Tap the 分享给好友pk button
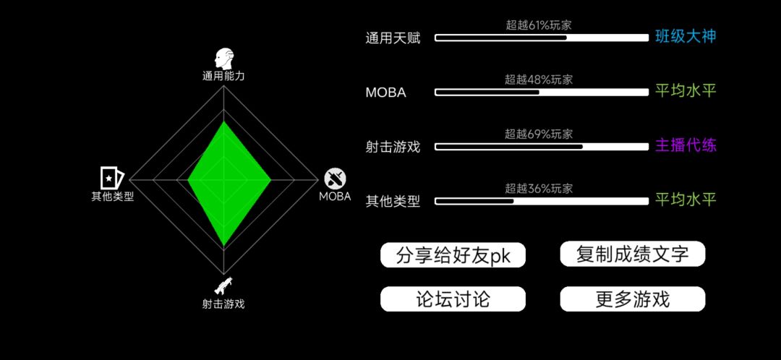(453, 255)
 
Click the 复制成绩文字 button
(633, 254)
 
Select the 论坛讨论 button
(453, 299)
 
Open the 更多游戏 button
(633, 299)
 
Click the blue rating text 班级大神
(686, 37)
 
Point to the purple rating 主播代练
(686, 146)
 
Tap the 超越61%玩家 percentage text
(539, 25)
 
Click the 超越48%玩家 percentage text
(539, 80)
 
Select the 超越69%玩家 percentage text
(539, 134)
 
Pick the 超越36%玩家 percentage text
(539, 189)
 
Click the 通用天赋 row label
(393, 38)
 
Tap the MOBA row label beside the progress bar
(385, 93)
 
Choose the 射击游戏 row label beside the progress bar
(393, 147)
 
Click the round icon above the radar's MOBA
(336, 179)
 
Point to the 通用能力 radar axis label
(223, 76)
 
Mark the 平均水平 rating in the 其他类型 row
(686, 200)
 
